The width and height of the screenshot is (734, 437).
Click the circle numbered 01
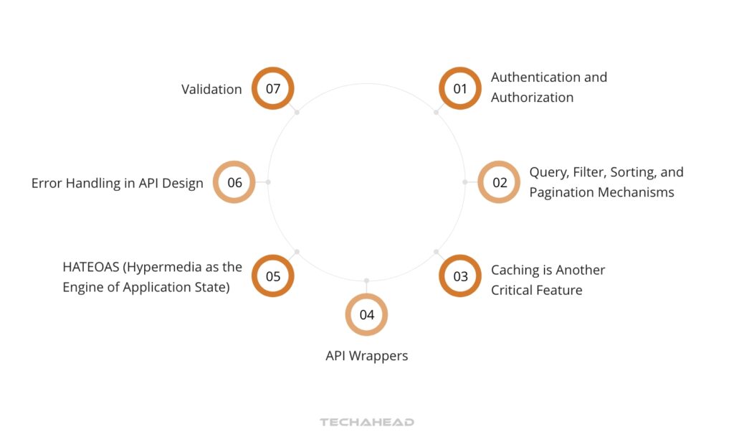coord(459,88)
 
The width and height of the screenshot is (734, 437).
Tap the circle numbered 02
coord(499,182)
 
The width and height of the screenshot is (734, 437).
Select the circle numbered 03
coord(459,276)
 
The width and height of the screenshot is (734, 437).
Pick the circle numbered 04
coord(366,314)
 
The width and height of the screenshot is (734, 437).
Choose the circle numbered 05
coord(273,276)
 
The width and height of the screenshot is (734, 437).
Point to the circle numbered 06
coord(234,182)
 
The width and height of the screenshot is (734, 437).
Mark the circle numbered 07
coord(273,88)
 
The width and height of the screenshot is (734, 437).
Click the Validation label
coord(211,89)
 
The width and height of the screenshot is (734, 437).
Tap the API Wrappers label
coord(366,356)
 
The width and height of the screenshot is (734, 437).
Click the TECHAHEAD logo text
coord(366,422)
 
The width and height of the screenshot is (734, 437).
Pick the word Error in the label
coord(47,183)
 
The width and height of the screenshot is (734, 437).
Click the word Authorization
coord(532,98)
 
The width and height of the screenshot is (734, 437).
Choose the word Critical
coord(511,290)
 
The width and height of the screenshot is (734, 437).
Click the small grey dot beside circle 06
coord(268,182)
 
